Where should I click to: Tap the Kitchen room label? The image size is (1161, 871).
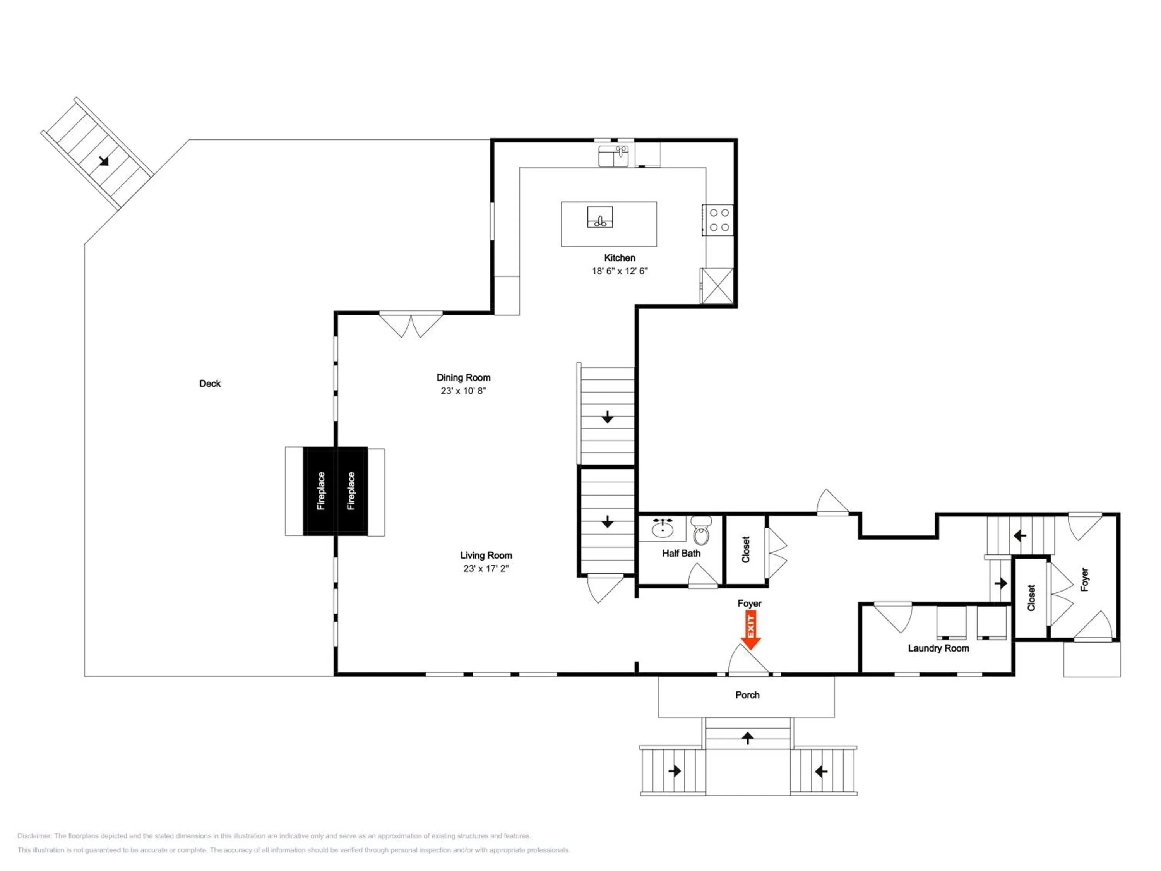(x=619, y=258)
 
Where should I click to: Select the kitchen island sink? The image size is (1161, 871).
(x=600, y=217)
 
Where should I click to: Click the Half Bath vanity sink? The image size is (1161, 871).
(x=663, y=528)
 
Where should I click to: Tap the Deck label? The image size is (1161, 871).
(x=210, y=384)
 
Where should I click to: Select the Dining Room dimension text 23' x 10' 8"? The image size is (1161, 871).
(x=464, y=391)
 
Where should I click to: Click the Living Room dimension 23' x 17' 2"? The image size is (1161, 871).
(x=486, y=569)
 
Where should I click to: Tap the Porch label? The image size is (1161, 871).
(x=747, y=695)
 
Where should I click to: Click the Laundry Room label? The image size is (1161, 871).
(x=938, y=648)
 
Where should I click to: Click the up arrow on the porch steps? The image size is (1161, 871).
(x=747, y=738)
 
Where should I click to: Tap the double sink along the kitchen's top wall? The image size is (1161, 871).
(x=613, y=156)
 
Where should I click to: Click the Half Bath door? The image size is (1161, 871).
(x=702, y=576)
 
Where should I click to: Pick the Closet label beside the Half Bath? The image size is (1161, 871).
(x=746, y=549)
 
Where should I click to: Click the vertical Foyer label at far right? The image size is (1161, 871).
(x=1084, y=579)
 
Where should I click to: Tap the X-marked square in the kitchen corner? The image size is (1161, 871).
(x=717, y=286)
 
